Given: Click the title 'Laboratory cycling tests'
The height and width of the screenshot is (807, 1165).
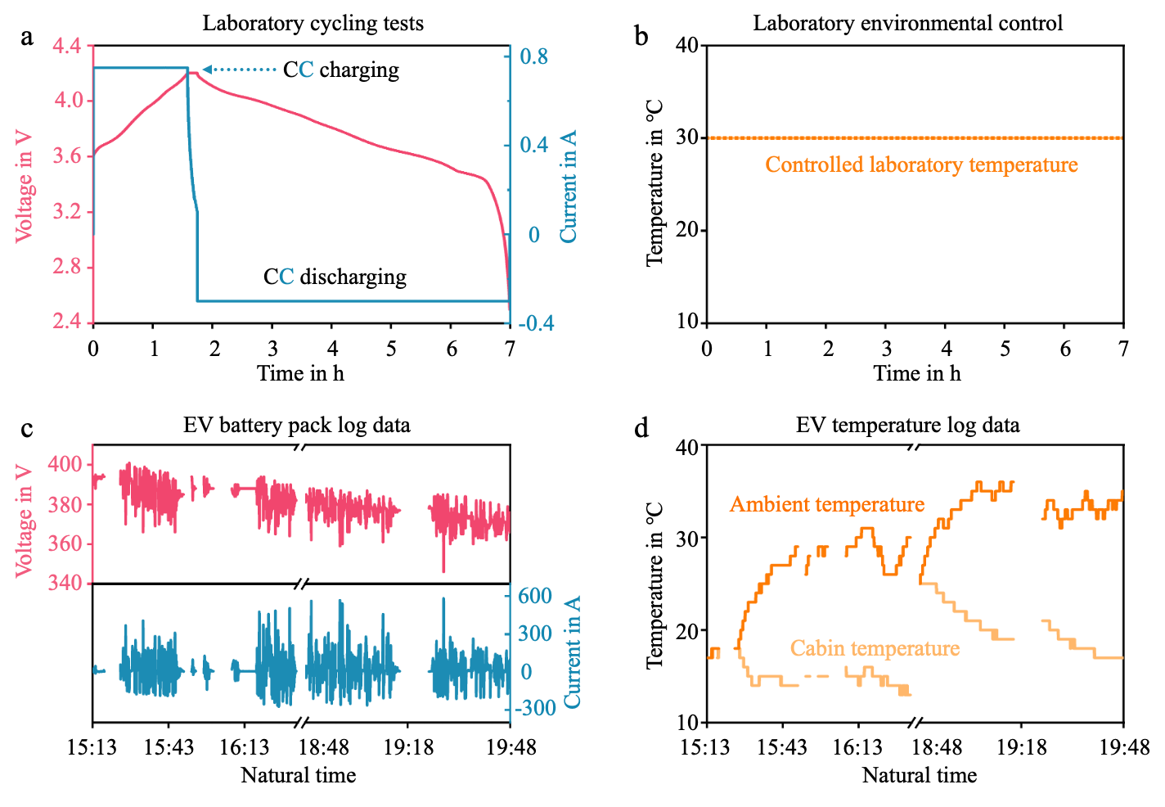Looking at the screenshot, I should (x=313, y=23).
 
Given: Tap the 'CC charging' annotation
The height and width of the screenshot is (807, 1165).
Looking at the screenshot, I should (x=341, y=70).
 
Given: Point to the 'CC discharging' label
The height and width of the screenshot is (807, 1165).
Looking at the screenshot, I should (x=335, y=277).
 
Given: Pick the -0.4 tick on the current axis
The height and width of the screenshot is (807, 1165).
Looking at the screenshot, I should (x=536, y=323).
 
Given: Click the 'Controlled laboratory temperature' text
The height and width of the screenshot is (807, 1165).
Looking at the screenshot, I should (x=921, y=165).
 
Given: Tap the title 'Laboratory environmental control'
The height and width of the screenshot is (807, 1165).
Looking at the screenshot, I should (x=907, y=23).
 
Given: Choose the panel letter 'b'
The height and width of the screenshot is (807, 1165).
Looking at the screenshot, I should (x=641, y=36).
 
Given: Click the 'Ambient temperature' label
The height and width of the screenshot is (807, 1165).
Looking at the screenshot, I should (x=827, y=504).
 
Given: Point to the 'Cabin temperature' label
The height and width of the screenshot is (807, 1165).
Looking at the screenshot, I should (x=875, y=648).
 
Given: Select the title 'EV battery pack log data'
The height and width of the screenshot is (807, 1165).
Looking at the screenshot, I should (x=297, y=425).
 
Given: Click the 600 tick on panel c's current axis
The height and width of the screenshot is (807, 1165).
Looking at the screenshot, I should (x=536, y=596).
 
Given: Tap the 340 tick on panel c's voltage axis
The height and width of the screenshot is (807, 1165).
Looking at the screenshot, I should (x=66, y=583).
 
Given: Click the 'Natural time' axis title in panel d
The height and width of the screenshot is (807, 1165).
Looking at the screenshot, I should (x=919, y=775).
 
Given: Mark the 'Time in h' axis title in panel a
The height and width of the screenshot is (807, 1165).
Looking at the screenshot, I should (x=300, y=373).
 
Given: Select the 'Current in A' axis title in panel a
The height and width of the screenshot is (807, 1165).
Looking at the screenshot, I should (x=569, y=186).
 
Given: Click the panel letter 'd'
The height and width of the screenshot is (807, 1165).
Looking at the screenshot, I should (x=642, y=427).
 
